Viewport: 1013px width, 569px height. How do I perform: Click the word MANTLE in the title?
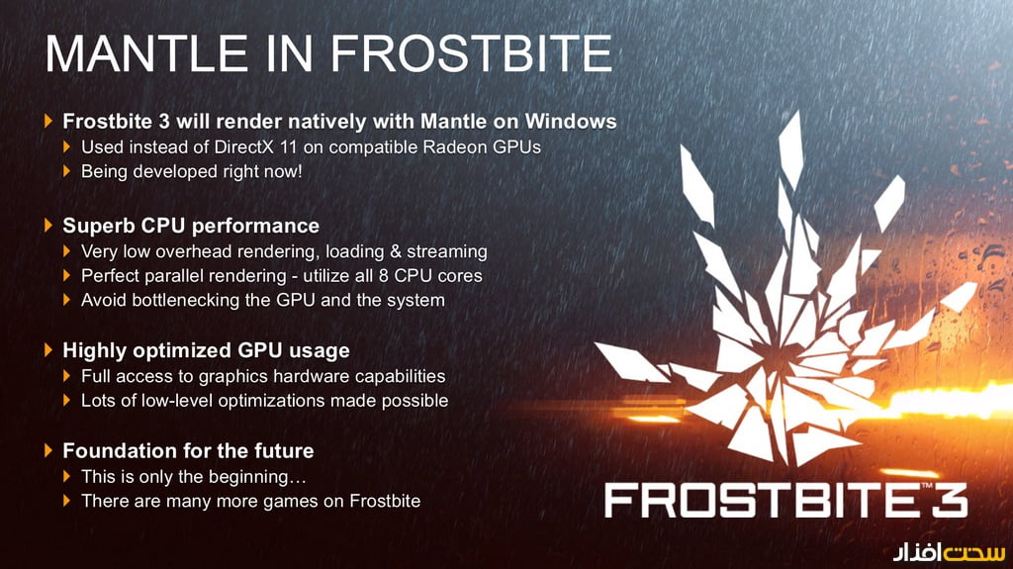click(146, 53)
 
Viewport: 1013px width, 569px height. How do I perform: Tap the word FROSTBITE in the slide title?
click(472, 53)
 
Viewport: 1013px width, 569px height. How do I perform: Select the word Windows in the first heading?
click(571, 122)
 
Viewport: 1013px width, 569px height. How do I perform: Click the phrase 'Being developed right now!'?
click(191, 171)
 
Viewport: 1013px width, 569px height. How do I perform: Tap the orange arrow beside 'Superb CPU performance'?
click(48, 225)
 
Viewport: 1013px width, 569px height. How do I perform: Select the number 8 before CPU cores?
click(383, 276)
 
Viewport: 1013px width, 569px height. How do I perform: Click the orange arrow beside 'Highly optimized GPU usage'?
click(48, 349)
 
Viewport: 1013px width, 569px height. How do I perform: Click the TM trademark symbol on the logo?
click(927, 485)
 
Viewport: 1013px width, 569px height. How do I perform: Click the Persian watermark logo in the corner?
click(949, 551)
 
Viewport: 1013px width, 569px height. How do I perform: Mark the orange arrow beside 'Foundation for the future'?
click(48, 450)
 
